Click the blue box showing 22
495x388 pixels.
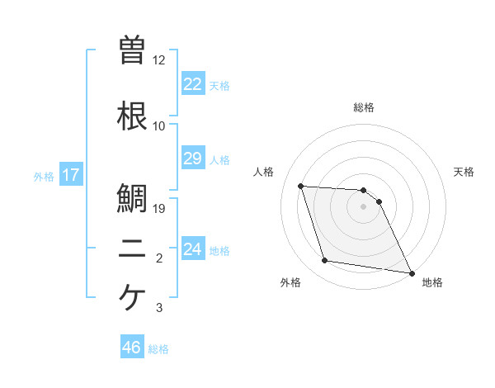(x=192, y=83)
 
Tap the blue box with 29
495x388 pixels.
(x=192, y=158)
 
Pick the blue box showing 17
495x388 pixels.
(x=70, y=175)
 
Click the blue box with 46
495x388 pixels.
(x=132, y=348)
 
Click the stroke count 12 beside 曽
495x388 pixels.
(x=158, y=60)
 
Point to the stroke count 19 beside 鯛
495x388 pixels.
(x=160, y=209)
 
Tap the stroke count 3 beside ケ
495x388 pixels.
(x=159, y=308)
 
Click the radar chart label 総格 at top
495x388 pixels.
(x=364, y=107)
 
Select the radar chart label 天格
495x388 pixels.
(x=464, y=172)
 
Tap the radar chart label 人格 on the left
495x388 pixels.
(x=264, y=172)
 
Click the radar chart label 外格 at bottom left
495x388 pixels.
(x=290, y=283)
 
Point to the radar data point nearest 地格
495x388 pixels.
(x=411, y=272)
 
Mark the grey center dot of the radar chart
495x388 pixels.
(x=363, y=206)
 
